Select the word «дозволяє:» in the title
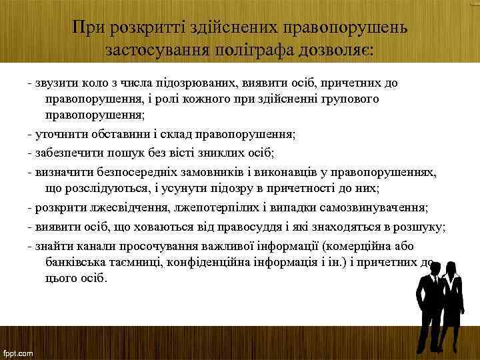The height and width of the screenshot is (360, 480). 337,50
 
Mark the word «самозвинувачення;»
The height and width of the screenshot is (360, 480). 383,206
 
